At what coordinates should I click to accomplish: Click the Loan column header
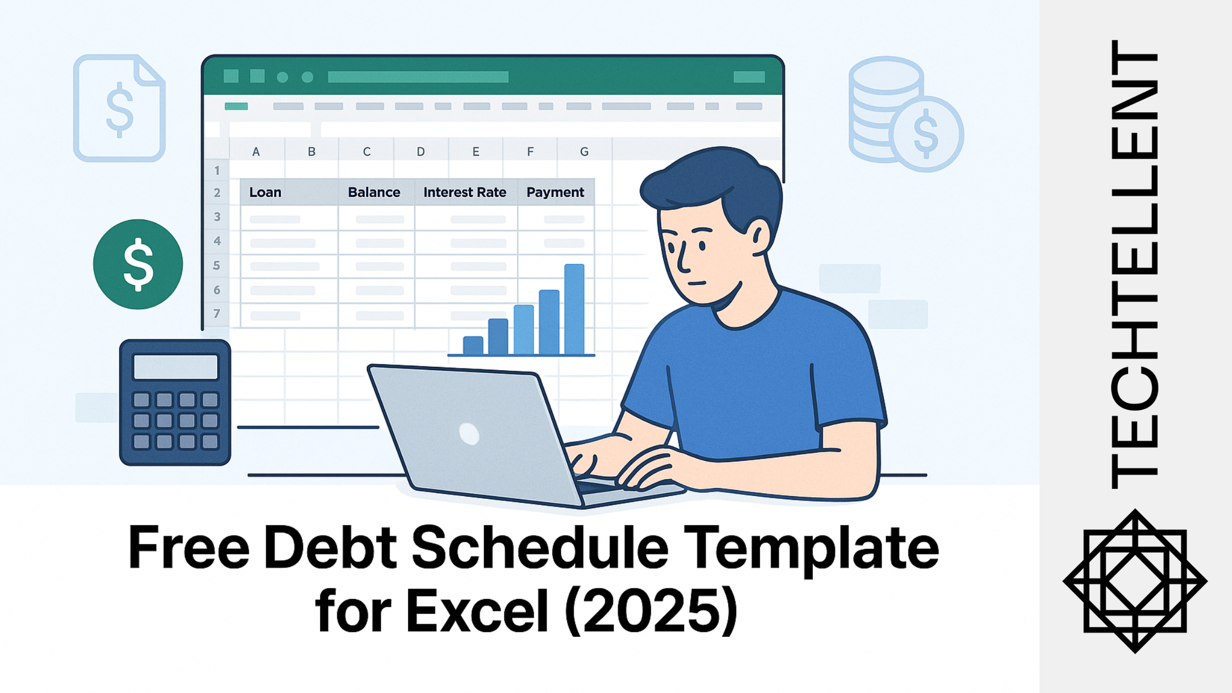click(265, 193)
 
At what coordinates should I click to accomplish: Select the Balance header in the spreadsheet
click(374, 193)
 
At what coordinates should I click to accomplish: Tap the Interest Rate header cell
click(465, 193)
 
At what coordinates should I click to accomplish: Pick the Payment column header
click(555, 193)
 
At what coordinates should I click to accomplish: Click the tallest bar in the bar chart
click(574, 309)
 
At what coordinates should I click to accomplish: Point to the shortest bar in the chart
click(473, 345)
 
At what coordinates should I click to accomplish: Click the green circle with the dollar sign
click(138, 265)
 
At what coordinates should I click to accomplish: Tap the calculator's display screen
click(175, 367)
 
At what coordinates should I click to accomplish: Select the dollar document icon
click(119, 108)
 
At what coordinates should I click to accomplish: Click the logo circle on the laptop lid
click(469, 434)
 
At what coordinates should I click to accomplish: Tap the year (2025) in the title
click(651, 610)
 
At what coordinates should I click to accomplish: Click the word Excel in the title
click(477, 610)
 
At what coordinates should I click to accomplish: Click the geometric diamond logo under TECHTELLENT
click(1135, 581)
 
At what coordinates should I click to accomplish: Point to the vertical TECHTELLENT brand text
click(1135, 264)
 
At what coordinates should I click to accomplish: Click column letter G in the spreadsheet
click(584, 152)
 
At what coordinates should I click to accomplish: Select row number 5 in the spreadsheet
click(217, 266)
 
